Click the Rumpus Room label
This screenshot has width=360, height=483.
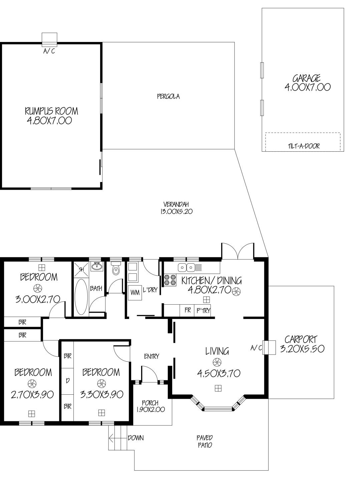coord(51,111)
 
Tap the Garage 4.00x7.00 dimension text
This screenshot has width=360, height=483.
coord(307,87)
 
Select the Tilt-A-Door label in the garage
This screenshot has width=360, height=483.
coord(303,146)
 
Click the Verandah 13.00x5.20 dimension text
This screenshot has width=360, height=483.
coord(176,211)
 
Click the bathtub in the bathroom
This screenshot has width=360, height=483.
coord(81,297)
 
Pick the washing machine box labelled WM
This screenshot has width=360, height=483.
coord(135,293)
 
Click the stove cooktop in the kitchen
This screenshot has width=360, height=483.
coord(169,280)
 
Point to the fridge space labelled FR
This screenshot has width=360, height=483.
coord(188,310)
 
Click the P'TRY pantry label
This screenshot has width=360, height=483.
coord(203,310)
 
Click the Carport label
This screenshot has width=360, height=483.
coord(301,339)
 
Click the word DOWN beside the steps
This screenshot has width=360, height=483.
coord(135,438)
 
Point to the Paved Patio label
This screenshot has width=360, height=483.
coord(205,441)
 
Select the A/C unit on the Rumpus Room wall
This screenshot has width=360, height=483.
coord(49,39)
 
